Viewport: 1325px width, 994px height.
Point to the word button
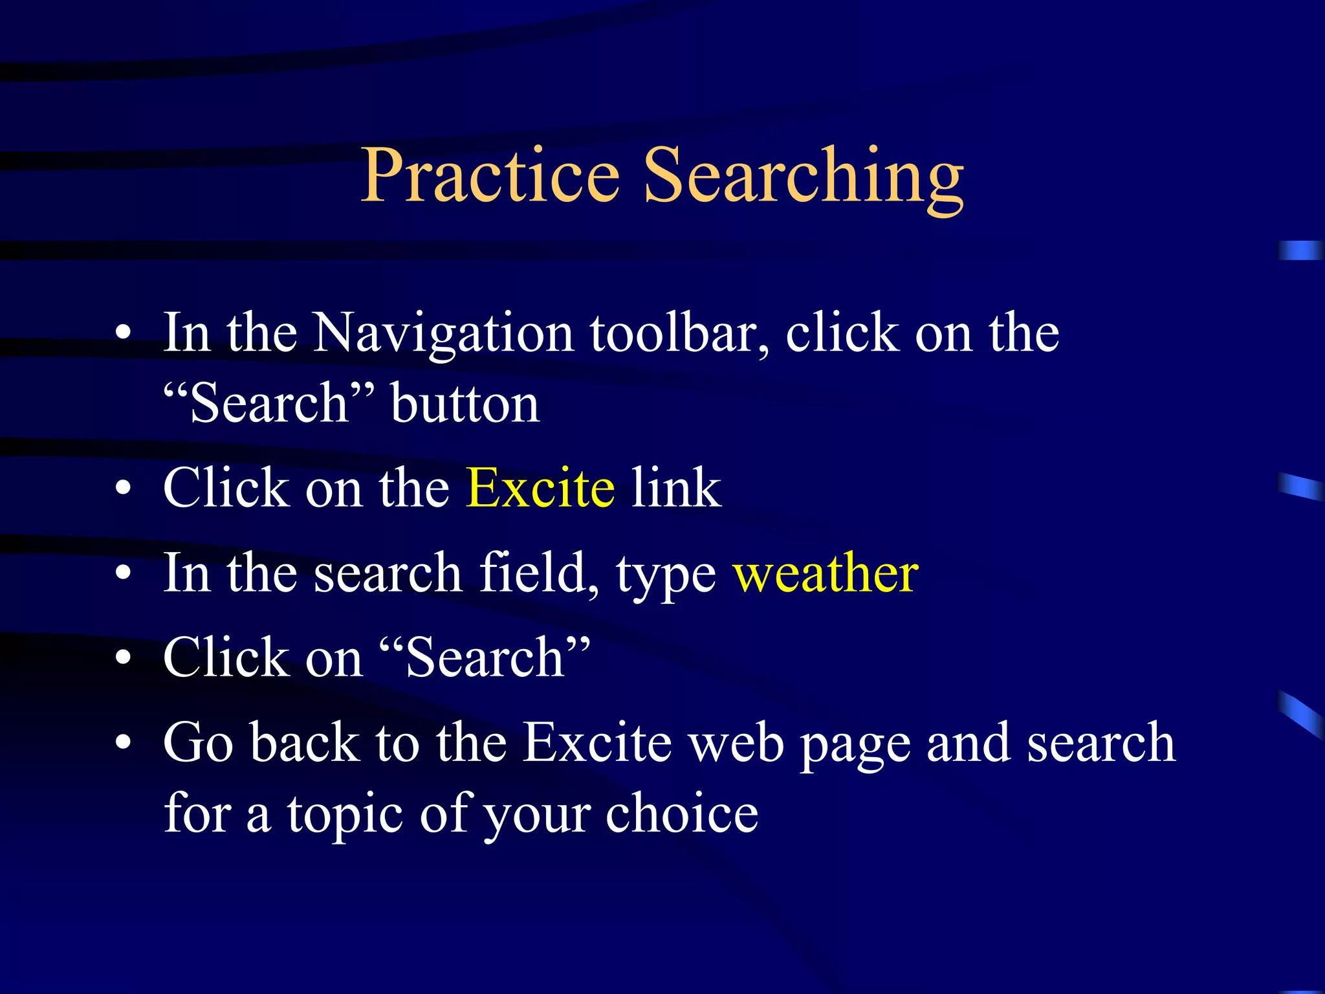coord(465,404)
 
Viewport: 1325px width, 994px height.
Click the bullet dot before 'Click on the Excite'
coord(123,489)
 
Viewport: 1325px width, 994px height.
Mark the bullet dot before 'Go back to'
coord(123,744)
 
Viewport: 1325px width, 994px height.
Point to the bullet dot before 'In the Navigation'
coord(123,335)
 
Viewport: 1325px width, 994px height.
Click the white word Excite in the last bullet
coord(597,742)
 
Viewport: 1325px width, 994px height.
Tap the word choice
coord(682,813)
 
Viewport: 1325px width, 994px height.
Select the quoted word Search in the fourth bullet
coord(485,657)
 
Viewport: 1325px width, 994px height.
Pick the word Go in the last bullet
coord(198,742)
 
